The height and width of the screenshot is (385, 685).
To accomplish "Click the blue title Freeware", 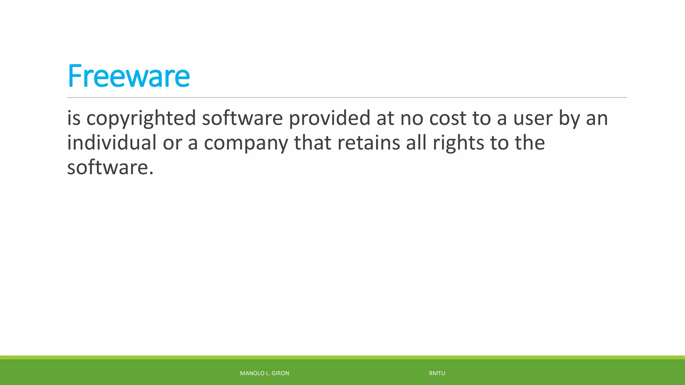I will click(x=128, y=76).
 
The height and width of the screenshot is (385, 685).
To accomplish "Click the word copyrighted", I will click(x=141, y=118).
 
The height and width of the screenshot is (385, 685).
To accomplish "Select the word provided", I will click(x=329, y=118).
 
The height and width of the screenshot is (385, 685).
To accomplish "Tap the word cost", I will click(x=448, y=118).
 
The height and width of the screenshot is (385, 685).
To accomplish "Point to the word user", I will click(x=533, y=118).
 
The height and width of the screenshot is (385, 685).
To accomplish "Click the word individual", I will click(x=112, y=143).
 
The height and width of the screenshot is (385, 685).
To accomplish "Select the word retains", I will click(x=369, y=143).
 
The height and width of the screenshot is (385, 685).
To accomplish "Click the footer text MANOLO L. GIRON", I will click(x=264, y=373).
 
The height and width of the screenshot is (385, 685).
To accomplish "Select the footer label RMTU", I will click(x=437, y=373).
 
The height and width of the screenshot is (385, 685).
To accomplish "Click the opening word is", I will click(x=74, y=118).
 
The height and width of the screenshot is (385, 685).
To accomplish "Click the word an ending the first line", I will click(x=597, y=119).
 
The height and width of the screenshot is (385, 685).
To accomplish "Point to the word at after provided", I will click(x=385, y=118).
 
